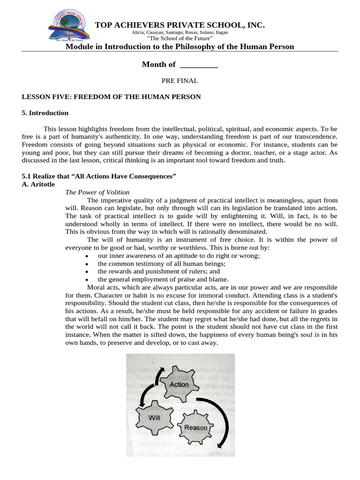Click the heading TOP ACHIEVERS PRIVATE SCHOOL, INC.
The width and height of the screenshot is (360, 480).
click(180, 25)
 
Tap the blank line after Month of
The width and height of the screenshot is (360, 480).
click(199, 65)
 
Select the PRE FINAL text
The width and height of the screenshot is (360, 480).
click(180, 81)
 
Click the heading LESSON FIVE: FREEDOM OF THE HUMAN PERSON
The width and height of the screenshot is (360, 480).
click(112, 97)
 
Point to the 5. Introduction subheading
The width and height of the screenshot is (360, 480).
click(45, 113)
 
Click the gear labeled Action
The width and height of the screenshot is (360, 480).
click(179, 384)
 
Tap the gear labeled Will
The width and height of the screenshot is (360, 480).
click(154, 417)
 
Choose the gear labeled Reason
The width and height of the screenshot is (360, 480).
click(195, 427)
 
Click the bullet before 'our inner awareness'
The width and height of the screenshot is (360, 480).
click(87, 256)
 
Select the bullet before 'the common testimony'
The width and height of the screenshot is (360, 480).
click(87, 264)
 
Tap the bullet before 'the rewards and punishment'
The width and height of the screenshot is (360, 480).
click(87, 272)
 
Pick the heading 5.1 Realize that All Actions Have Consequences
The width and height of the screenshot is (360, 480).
click(99, 176)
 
